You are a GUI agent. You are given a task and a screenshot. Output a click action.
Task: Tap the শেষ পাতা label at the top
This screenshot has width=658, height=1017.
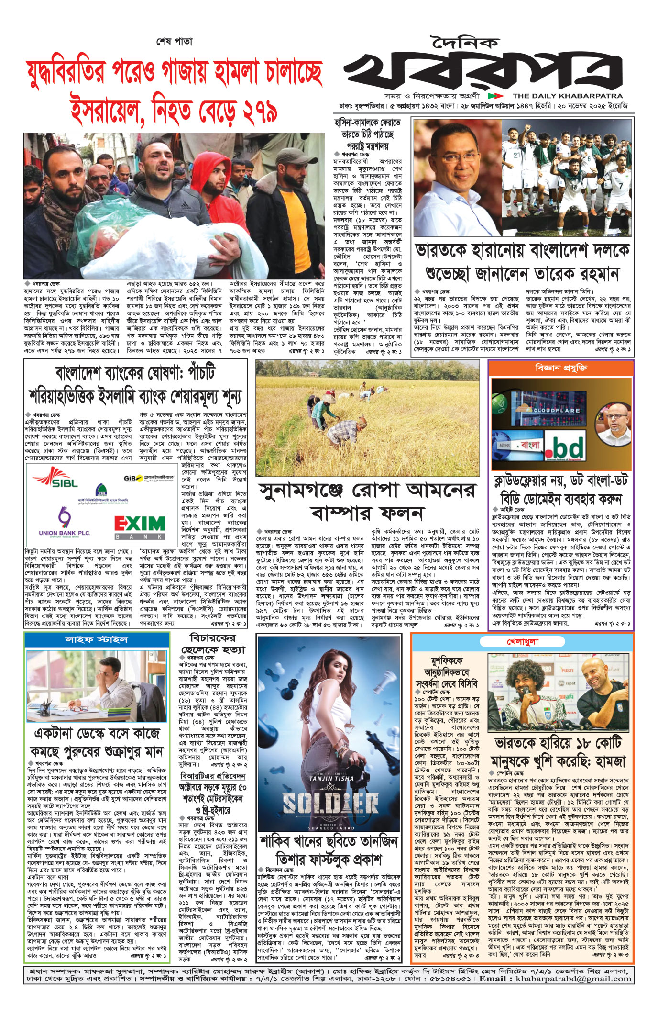click(x=175, y=41)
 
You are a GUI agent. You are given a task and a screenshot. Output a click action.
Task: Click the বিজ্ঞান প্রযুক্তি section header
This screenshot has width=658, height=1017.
click(x=561, y=368)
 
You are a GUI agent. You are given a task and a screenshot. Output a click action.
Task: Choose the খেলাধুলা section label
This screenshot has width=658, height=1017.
click(x=522, y=641)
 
